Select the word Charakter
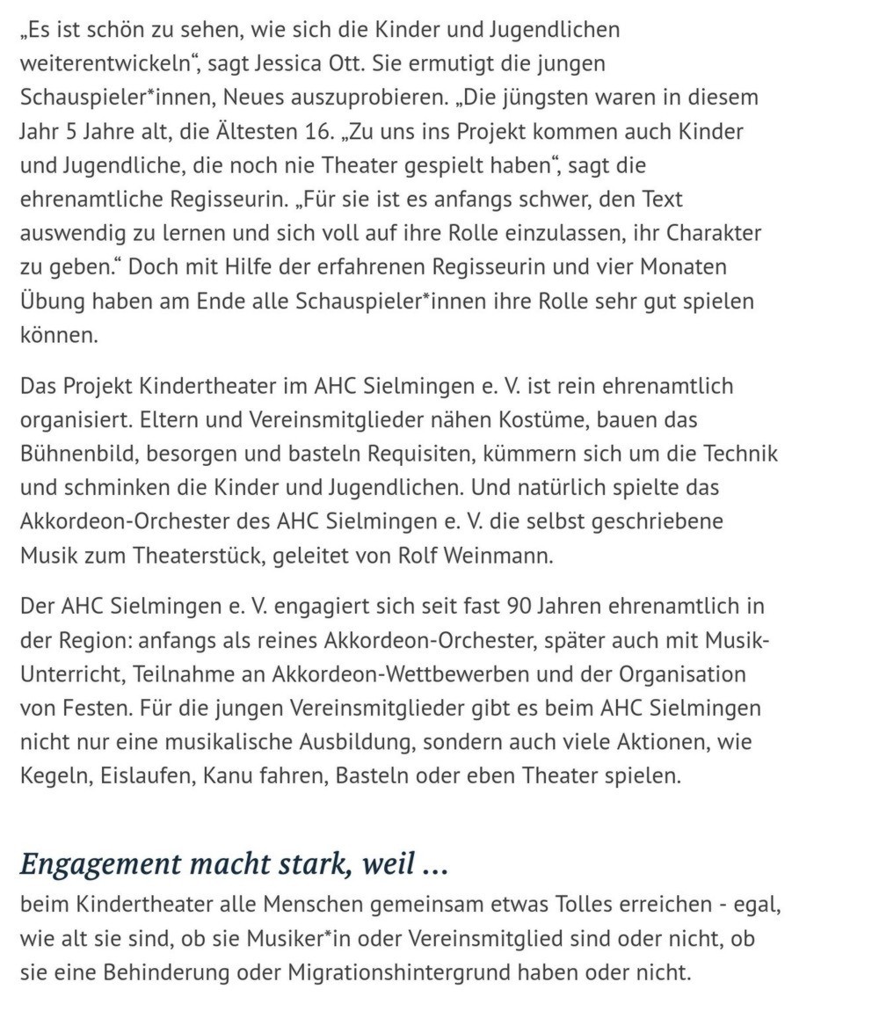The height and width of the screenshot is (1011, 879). click(x=714, y=234)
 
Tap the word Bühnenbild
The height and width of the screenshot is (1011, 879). click(x=78, y=454)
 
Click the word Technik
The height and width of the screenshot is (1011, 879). click(x=737, y=454)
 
